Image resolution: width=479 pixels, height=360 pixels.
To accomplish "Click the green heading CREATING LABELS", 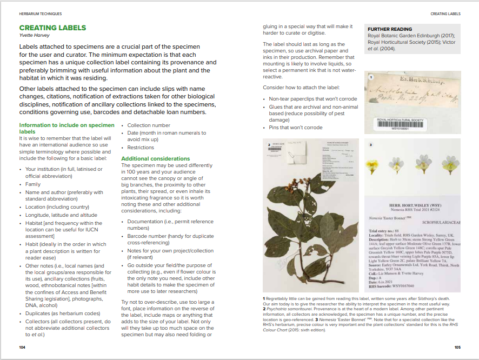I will click(x=52, y=28).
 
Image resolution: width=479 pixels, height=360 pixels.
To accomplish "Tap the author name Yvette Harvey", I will click(x=35, y=36).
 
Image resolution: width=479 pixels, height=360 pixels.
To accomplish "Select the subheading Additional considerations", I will click(x=155, y=158).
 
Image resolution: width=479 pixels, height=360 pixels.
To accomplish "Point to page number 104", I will click(x=22, y=347).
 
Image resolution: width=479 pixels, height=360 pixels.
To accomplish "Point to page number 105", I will click(x=457, y=347).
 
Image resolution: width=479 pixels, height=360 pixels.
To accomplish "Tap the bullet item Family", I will click(x=33, y=184).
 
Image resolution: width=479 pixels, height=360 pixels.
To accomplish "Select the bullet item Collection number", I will click(x=149, y=125).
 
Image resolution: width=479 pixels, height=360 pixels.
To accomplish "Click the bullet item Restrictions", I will click(x=141, y=148).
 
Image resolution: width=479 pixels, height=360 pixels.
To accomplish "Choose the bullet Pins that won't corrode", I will click(x=296, y=128).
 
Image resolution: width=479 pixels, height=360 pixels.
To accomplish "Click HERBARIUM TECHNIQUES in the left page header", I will click(x=41, y=13).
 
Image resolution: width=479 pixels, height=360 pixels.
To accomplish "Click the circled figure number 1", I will click(x=371, y=77).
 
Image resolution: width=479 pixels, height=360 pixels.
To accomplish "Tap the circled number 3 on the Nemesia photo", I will click(x=371, y=145).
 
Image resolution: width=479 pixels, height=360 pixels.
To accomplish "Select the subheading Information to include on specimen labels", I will click(x=66, y=128).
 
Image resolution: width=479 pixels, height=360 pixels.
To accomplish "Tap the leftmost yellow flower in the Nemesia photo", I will click(x=374, y=163).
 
